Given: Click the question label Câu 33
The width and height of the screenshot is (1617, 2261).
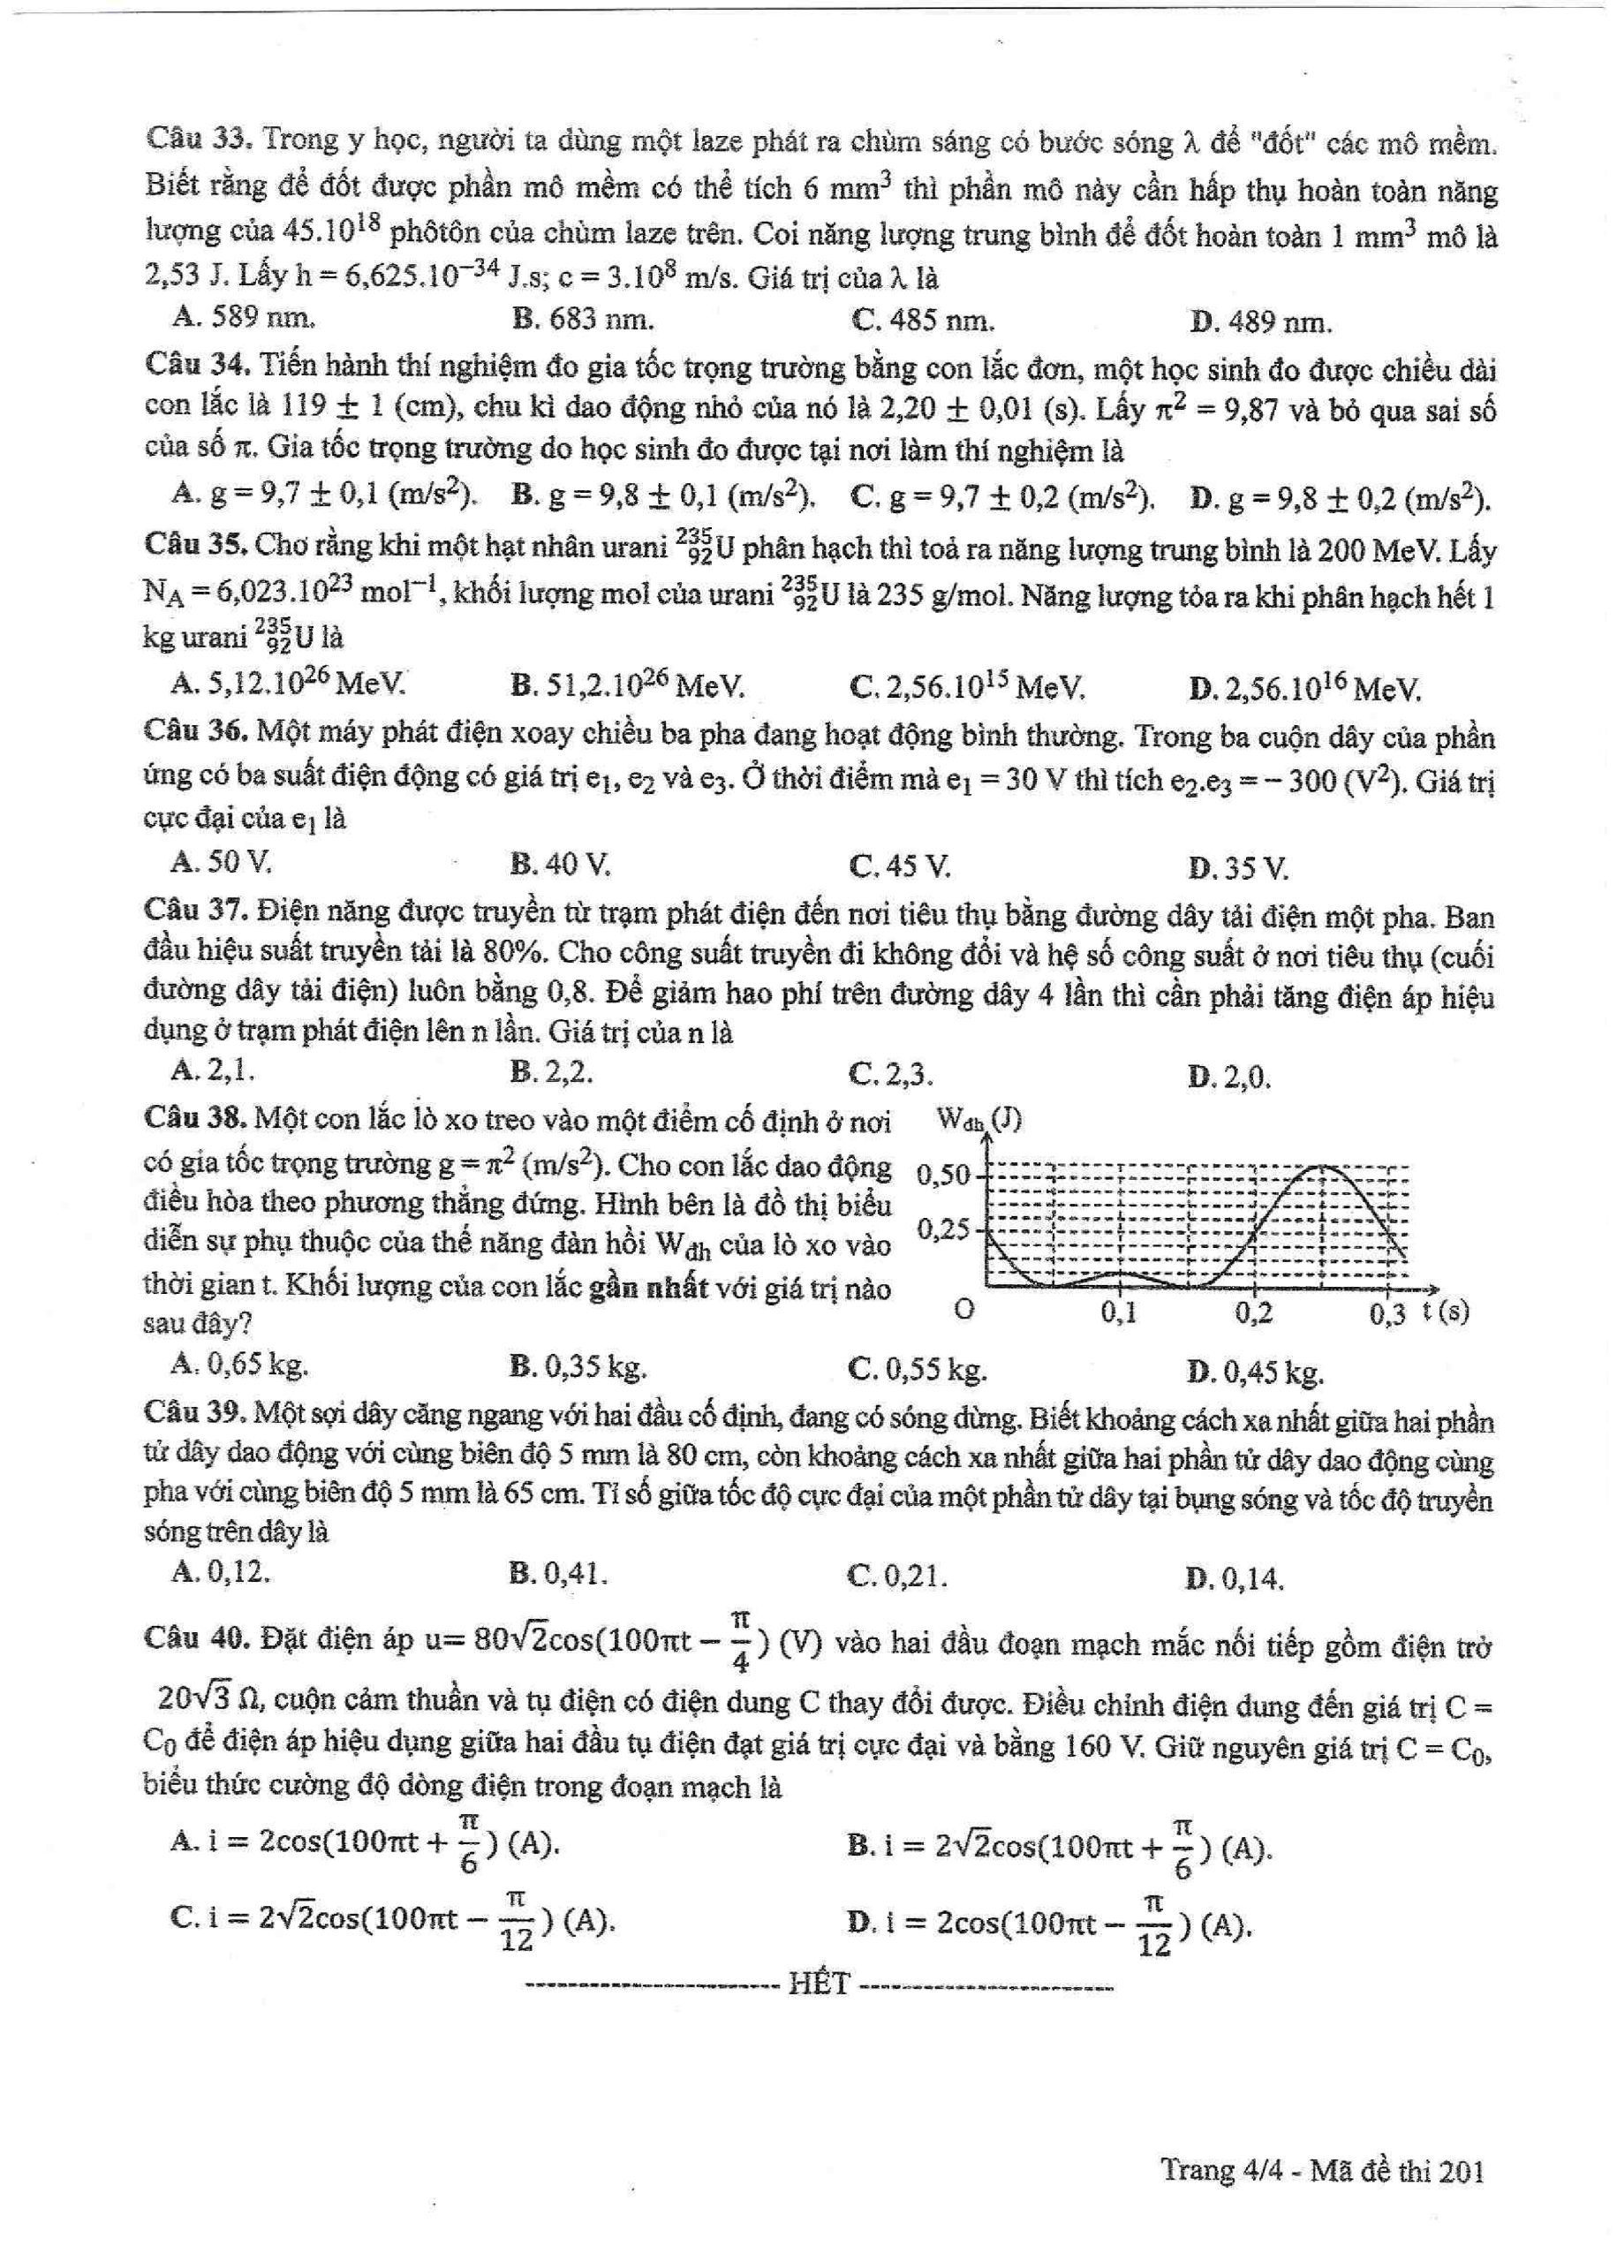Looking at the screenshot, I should [199, 139].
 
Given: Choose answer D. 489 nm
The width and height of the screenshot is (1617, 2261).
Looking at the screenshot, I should [1259, 321].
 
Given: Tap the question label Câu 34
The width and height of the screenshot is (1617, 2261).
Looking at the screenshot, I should [197, 365].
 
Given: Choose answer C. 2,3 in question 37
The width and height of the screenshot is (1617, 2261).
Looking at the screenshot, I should [891, 1074].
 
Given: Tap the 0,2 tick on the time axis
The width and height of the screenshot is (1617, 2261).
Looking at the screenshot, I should [1253, 1313].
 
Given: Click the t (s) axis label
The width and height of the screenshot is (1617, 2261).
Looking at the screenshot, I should [1446, 1312].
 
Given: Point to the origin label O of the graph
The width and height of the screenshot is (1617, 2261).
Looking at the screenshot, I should [963, 1309].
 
